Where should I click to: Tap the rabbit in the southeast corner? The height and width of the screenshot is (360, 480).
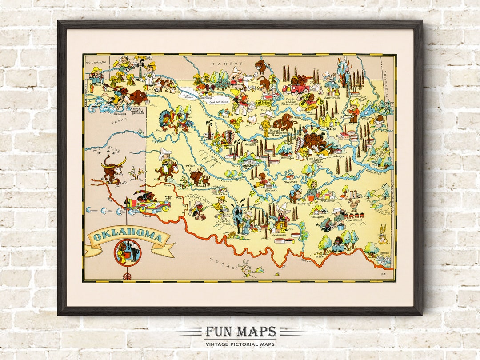click(x=382, y=234)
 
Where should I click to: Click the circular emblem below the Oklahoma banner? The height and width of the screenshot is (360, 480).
click(x=128, y=253)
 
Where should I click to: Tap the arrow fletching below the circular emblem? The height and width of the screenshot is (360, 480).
click(x=127, y=276)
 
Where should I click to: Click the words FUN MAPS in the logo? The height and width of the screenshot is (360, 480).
click(x=240, y=332)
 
